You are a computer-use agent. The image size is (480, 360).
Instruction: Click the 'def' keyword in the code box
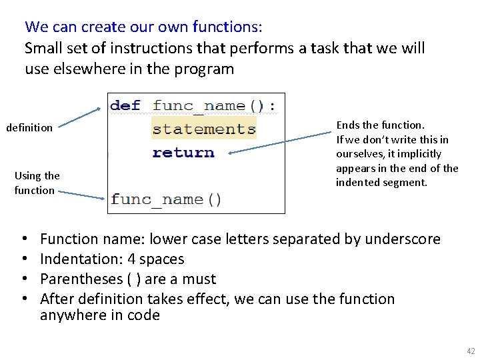125,105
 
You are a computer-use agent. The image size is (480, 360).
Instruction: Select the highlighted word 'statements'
204,129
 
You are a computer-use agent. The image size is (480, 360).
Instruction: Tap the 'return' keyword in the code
183,153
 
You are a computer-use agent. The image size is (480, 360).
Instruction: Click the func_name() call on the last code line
166,199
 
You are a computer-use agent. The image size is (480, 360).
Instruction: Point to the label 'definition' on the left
29,127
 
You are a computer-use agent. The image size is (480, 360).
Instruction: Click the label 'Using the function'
37,183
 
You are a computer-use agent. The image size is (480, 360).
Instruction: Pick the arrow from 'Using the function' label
80,194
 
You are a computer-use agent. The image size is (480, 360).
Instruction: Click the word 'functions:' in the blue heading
227,27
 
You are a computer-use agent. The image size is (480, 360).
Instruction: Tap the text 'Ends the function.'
380,125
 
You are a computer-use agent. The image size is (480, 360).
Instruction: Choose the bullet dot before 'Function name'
24,239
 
